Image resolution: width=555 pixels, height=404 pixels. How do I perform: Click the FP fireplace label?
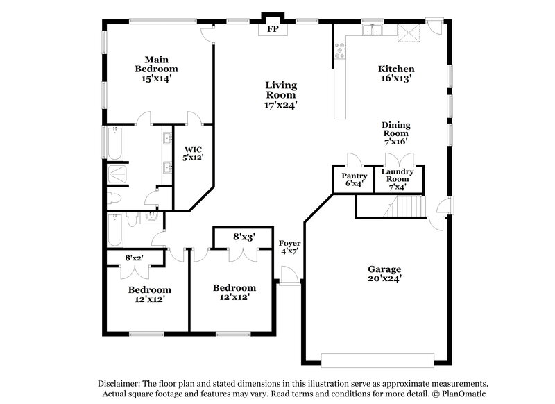272,30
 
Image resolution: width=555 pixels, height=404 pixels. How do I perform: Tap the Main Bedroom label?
156,64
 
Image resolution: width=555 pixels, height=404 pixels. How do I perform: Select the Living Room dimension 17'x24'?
281,105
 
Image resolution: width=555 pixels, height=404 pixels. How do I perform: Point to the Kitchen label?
396,69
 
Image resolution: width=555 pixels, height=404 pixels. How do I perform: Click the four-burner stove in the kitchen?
341,49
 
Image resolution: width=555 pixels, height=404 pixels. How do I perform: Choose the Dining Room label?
396,129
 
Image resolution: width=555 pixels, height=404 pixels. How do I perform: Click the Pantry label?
354,176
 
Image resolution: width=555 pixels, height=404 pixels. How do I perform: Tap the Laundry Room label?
399,175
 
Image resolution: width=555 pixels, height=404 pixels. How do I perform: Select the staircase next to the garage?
408,206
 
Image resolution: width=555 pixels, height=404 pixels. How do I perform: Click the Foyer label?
289,243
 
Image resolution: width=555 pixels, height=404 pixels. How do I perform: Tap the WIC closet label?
194,149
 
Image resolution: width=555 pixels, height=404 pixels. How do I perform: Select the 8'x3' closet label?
244,237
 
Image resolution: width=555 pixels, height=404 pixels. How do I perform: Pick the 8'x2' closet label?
133,258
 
